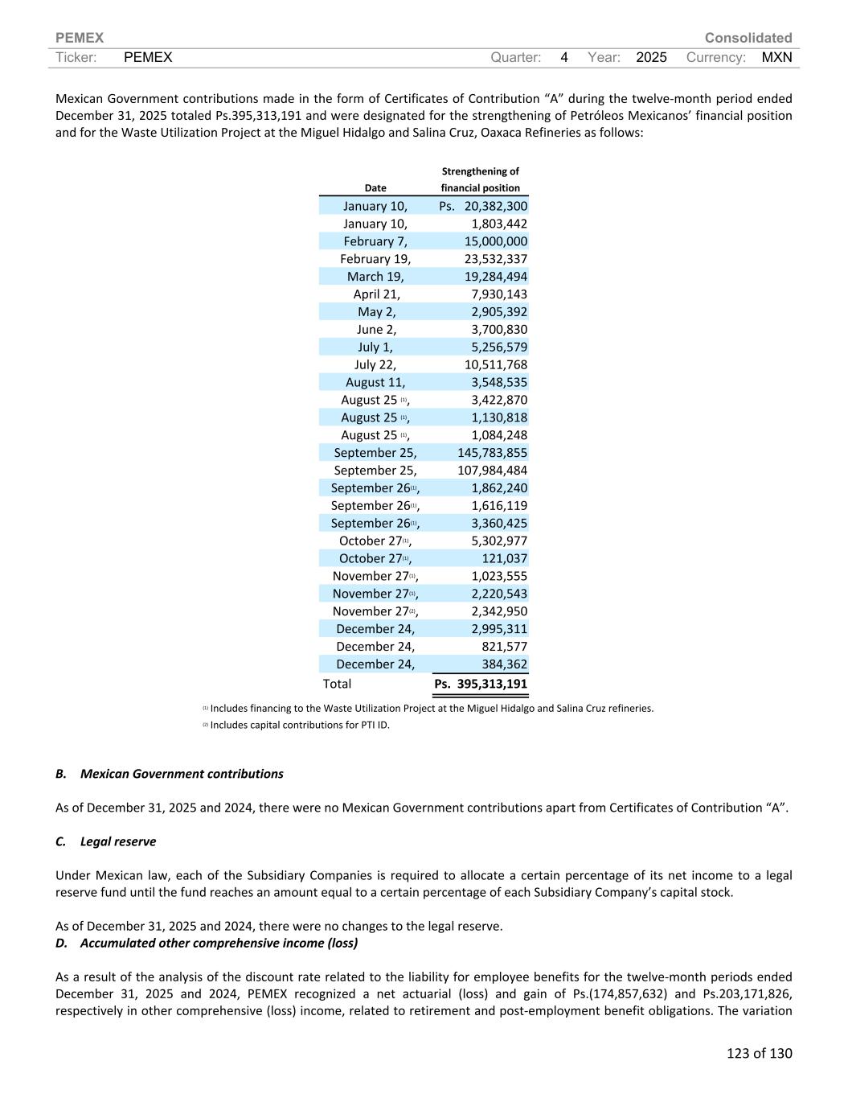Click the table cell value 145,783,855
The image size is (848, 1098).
click(492, 453)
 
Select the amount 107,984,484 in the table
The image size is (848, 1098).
click(492, 471)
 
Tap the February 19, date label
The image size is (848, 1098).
click(375, 259)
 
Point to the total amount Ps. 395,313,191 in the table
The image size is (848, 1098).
click(481, 684)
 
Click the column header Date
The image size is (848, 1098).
click(375, 188)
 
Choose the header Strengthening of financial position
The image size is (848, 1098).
click(480, 179)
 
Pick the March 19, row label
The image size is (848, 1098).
click(375, 277)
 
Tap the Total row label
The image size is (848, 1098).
click(337, 684)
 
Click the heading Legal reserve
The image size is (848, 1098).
click(118, 841)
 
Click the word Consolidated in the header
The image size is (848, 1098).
click(748, 38)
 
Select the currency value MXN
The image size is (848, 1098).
click(776, 57)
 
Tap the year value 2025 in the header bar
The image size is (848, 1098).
click(651, 57)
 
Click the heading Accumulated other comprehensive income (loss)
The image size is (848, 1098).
click(219, 943)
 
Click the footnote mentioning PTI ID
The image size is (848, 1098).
click(299, 725)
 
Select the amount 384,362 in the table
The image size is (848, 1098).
click(504, 664)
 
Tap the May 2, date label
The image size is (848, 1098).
click(376, 312)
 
